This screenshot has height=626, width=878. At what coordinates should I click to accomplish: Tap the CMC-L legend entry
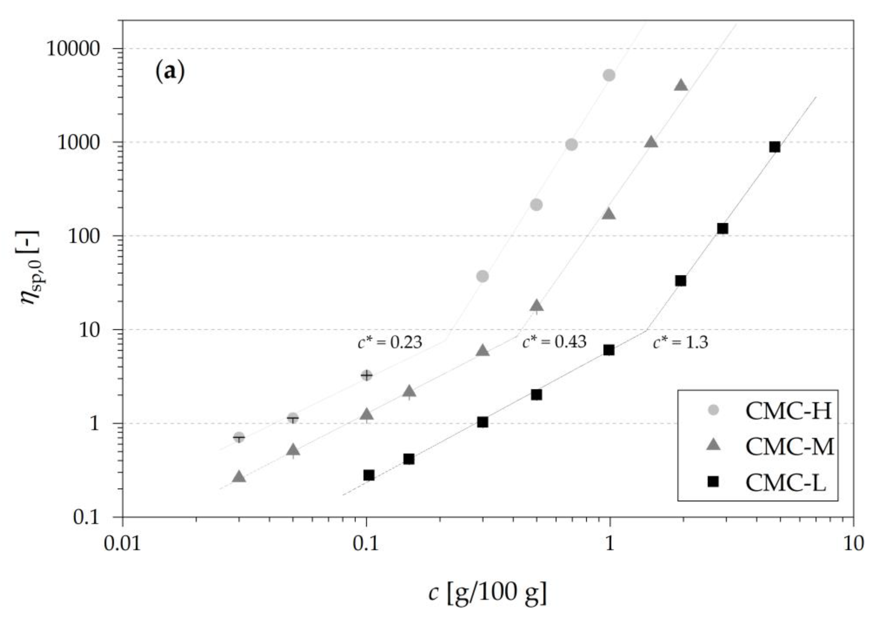pyautogui.click(x=786, y=483)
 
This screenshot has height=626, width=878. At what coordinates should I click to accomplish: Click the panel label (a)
pyautogui.click(x=170, y=72)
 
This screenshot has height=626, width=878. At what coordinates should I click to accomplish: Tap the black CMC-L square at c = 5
pyautogui.click(x=775, y=147)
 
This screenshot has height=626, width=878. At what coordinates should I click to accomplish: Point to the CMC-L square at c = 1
pyautogui.click(x=609, y=350)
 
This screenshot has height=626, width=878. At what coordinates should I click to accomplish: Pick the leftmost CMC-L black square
pyautogui.click(x=368, y=475)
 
